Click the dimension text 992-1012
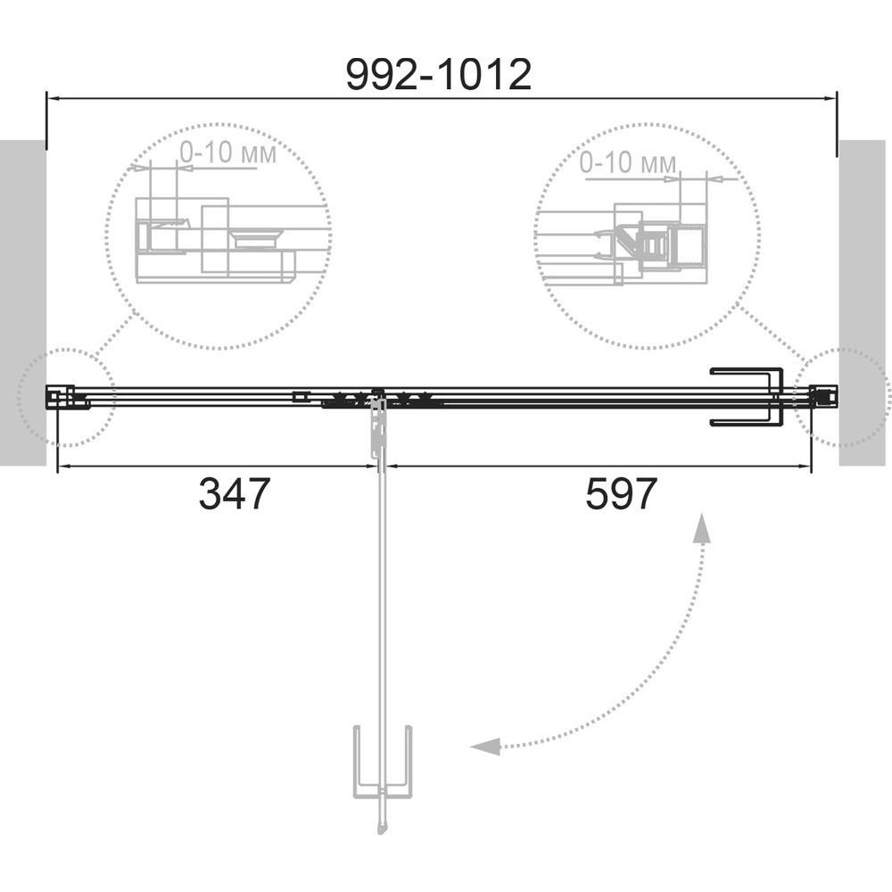439,75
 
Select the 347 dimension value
234,494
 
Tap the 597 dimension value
621,494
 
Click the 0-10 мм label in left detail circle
228,153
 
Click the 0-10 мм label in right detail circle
628,162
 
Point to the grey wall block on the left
23,302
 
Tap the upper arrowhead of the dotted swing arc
703,528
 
